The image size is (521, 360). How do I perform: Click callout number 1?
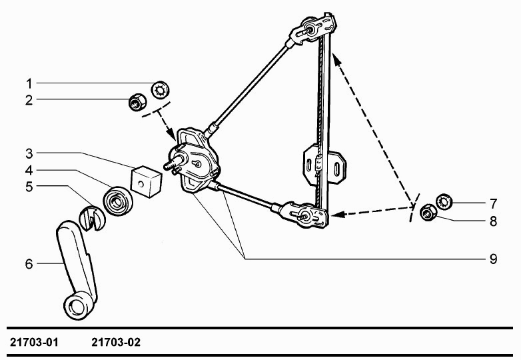click(x=29, y=84)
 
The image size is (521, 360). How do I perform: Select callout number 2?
click(x=29, y=100)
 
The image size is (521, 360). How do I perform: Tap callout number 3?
click(x=29, y=153)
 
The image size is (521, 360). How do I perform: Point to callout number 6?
click(x=29, y=264)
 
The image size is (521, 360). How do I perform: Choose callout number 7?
click(x=493, y=203)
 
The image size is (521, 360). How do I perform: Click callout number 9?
click(x=493, y=259)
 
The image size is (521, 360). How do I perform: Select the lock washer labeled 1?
click(x=161, y=90)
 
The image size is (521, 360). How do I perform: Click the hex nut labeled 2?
click(x=137, y=101)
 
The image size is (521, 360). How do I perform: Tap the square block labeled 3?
click(x=146, y=181)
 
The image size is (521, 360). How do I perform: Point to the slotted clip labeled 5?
click(x=92, y=218)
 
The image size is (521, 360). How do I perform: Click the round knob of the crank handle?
click(x=78, y=305)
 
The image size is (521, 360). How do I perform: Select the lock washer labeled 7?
click(x=444, y=201)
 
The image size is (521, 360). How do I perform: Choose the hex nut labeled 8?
click(x=428, y=213)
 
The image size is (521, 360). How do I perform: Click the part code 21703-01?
click(x=34, y=342)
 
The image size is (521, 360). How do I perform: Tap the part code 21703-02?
click(x=116, y=342)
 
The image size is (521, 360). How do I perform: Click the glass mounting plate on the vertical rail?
click(x=324, y=164)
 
